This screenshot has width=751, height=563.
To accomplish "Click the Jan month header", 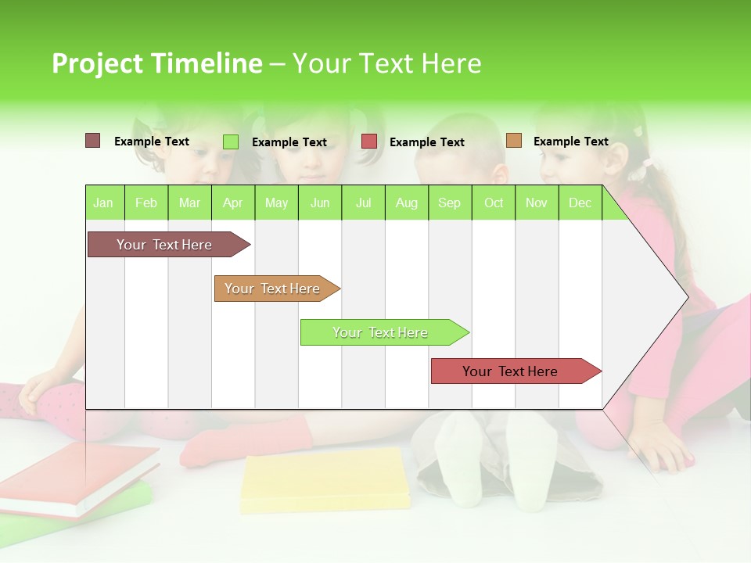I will tap(103, 203).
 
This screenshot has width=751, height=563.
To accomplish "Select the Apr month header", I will tap(232, 203).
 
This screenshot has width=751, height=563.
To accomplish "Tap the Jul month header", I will tap(363, 203).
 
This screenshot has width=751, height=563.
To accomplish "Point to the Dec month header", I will tap(580, 203).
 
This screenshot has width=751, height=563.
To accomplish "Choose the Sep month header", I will tap(449, 203).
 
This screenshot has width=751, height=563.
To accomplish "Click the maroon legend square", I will tap(93, 141).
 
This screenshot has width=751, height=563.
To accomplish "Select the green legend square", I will tap(231, 142).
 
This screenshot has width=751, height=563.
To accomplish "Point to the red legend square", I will tap(369, 142).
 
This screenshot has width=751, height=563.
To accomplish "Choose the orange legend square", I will tap(514, 141).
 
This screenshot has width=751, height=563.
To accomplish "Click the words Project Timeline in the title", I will tap(156, 63).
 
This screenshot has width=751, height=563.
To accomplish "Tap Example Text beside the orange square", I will tap(570, 142).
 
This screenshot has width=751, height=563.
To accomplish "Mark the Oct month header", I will tap(494, 203).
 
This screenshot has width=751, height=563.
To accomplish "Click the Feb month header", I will tap(146, 203).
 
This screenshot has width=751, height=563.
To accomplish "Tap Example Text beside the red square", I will tap(426, 142).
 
